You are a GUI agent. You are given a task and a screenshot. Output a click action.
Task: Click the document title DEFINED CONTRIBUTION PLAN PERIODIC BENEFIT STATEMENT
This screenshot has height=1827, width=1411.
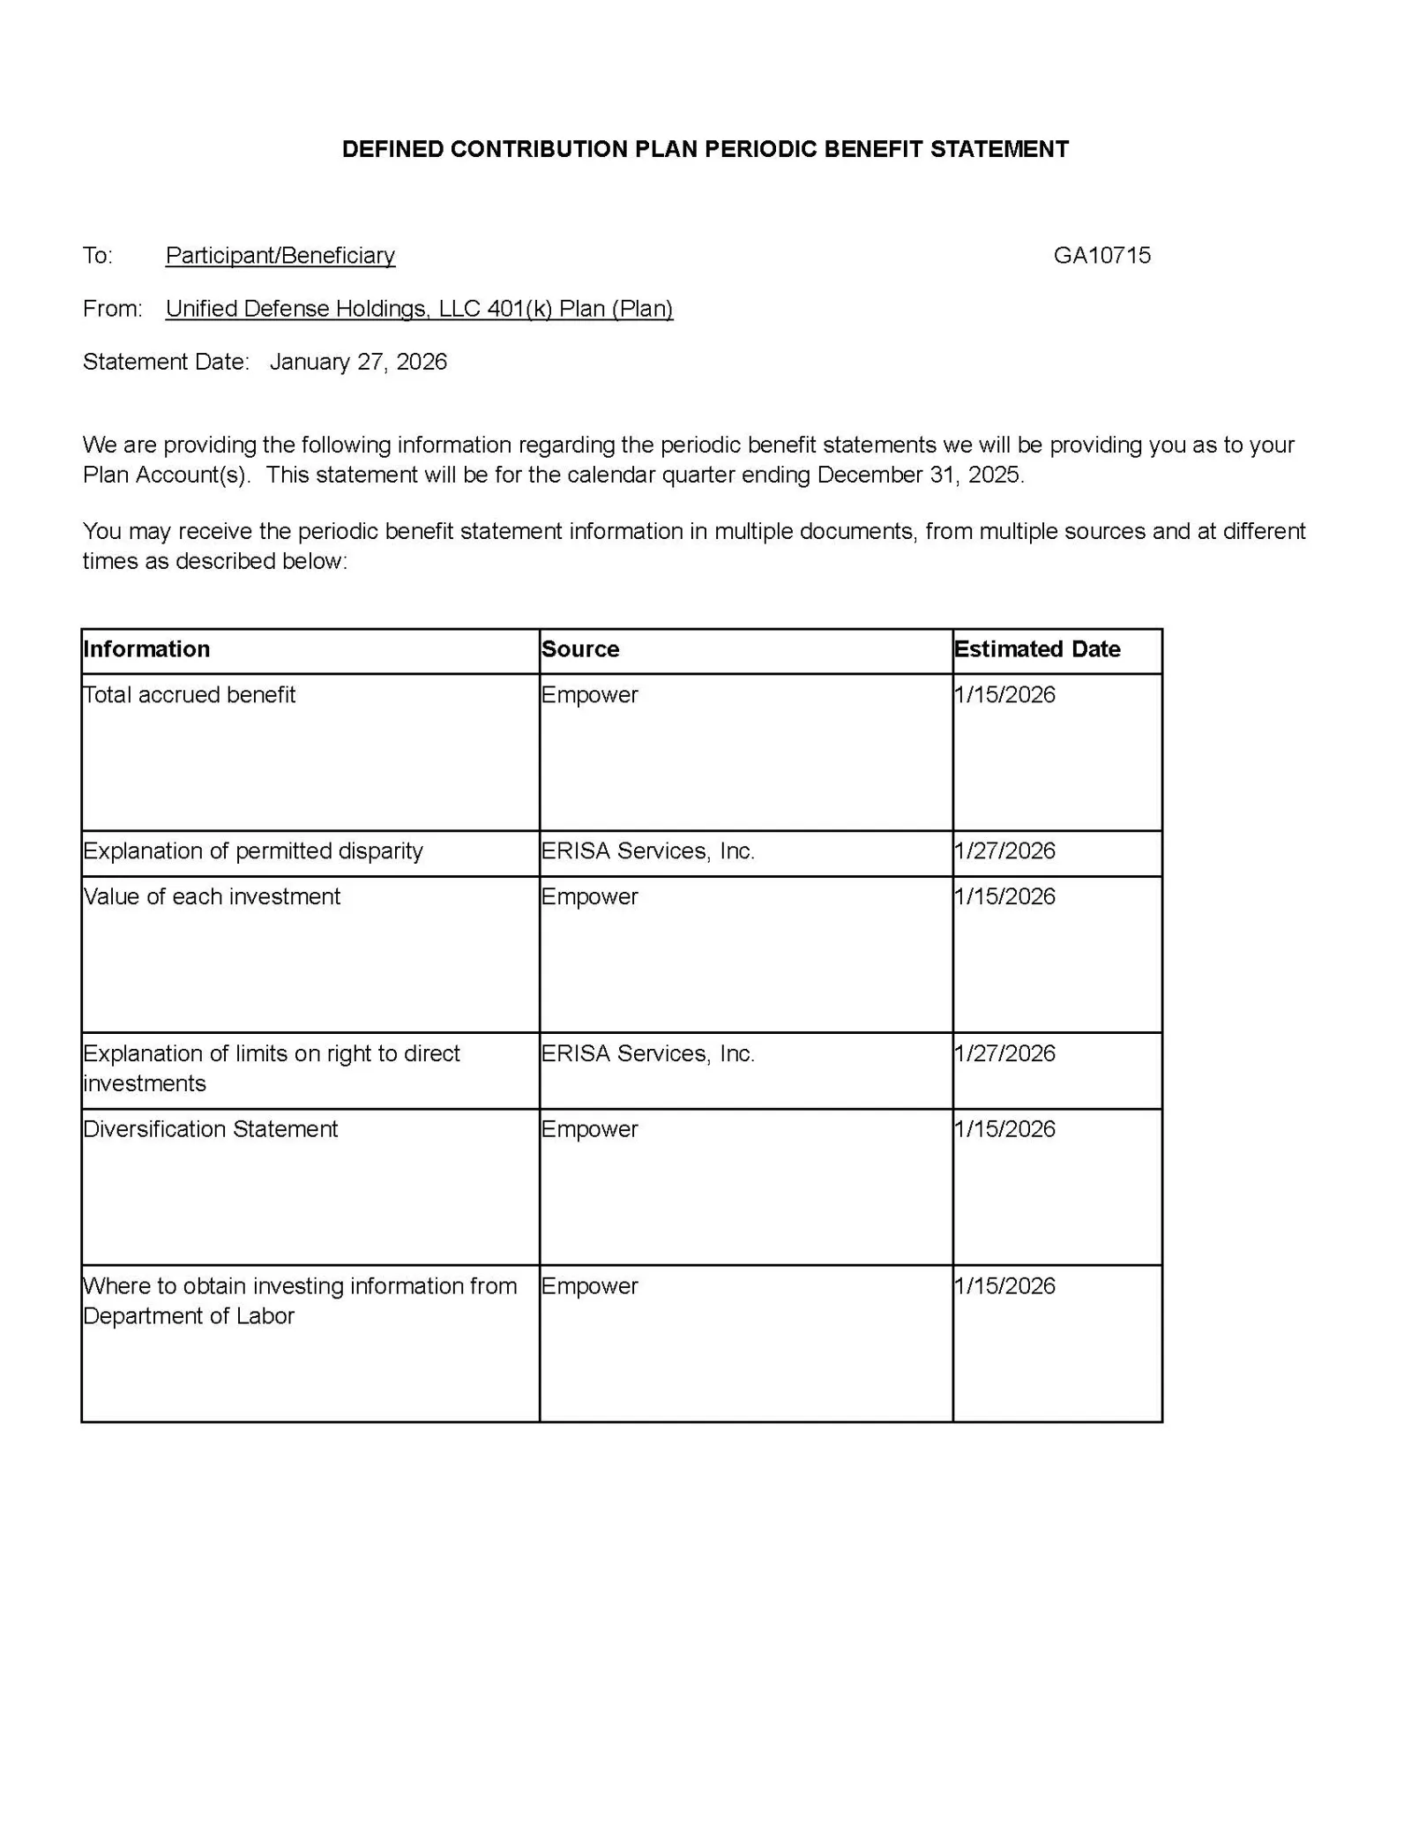pos(705,149)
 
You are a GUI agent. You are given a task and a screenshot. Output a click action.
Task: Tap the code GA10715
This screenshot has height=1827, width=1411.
pos(1101,256)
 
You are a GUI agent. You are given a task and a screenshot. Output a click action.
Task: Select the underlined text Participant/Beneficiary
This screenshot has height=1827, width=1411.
pos(280,256)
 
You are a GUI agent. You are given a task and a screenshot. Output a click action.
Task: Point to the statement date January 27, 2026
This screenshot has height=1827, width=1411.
pos(358,362)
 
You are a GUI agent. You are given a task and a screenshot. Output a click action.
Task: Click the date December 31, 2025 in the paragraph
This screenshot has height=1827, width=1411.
pos(919,475)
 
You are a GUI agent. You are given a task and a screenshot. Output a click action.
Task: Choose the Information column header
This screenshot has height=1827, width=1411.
pos(146,649)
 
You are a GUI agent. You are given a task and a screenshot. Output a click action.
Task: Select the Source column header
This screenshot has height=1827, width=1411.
pos(580,649)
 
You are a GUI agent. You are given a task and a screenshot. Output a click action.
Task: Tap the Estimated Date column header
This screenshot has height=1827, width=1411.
pos(1037,649)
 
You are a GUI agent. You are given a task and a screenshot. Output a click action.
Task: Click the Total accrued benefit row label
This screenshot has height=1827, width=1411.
pos(190,695)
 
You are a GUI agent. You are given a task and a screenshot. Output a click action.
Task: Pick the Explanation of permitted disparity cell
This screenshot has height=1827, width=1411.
pos(253,851)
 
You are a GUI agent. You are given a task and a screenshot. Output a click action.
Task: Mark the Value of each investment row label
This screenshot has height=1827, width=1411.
pos(212,897)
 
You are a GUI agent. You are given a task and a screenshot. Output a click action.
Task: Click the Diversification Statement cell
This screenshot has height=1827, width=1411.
pos(211,1129)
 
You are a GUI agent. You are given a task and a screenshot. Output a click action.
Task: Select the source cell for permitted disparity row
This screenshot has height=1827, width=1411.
pos(648,851)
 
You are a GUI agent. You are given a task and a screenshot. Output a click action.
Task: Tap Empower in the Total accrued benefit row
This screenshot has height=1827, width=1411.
pos(589,695)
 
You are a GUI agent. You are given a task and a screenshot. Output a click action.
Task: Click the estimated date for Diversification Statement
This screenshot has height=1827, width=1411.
pos(1004,1129)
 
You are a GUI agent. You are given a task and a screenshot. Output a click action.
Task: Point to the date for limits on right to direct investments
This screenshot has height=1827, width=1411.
pos(1004,1053)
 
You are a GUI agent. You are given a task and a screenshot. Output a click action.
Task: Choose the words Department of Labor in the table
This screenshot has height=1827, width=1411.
pos(189,1316)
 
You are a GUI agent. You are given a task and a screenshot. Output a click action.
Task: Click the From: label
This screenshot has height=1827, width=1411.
pos(112,309)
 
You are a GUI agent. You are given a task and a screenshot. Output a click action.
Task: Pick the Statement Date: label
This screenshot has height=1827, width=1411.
pos(166,362)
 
